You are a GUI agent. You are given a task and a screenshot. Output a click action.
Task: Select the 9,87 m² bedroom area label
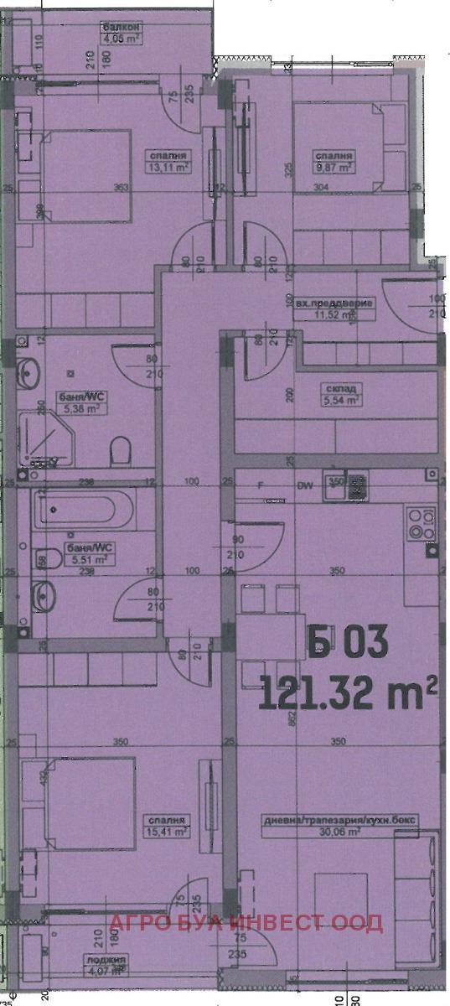point(334,165)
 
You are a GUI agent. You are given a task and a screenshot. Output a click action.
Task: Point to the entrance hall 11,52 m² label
point(334,314)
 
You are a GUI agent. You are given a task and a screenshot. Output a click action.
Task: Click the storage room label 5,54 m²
point(340,401)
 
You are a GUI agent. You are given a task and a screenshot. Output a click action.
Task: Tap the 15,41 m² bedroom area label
point(168,830)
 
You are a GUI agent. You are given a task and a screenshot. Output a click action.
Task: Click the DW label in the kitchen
point(303,485)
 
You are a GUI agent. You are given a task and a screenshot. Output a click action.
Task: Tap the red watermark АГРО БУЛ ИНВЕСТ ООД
point(247,924)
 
